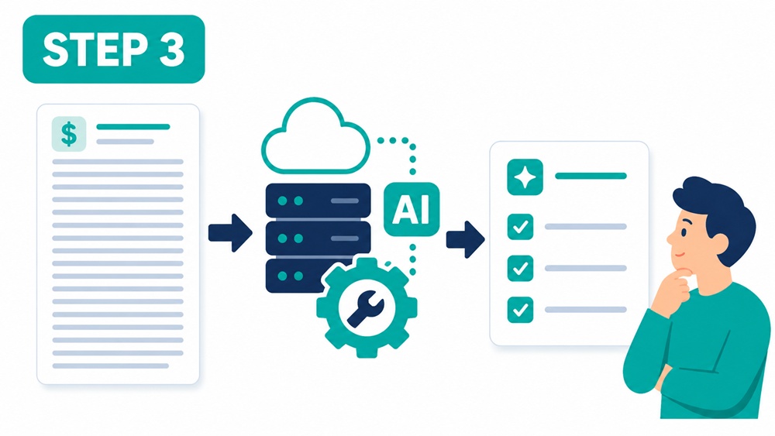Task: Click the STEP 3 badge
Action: (114, 50)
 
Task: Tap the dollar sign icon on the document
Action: (69, 134)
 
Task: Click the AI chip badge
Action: (412, 209)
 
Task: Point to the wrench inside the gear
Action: (366, 308)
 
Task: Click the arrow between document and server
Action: (230, 232)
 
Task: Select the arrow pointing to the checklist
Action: (465, 239)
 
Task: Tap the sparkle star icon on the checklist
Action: (525, 177)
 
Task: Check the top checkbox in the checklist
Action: (520, 227)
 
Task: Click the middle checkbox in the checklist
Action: (520, 268)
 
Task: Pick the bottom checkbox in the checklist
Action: (520, 310)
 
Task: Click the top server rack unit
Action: (319, 201)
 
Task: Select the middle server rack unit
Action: (319, 238)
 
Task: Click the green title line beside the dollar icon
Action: (133, 127)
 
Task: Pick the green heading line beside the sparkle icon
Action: (591, 176)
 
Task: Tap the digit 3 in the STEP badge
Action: (172, 50)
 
